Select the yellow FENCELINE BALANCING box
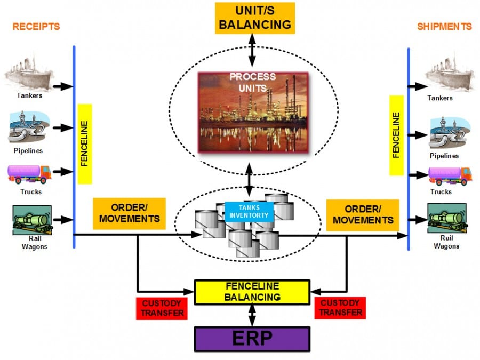252,292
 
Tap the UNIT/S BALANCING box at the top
255,18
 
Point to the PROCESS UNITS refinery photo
253,112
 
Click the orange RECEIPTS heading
36,26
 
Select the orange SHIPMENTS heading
444,26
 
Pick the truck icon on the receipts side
29,174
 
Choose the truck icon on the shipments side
450,175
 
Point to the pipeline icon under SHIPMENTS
450,133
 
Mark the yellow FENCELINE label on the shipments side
396,135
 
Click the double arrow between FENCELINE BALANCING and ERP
252,315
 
